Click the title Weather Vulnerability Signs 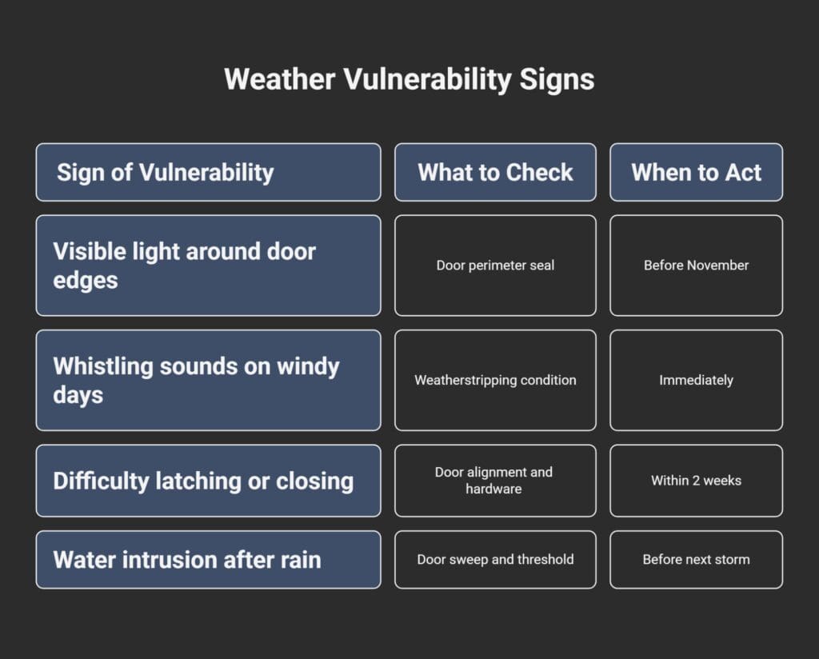click(409, 80)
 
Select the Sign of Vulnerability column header click(165, 172)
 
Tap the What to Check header click(495, 172)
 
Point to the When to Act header click(696, 172)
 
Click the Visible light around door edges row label click(184, 266)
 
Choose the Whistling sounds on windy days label click(196, 380)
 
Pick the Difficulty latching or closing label click(203, 481)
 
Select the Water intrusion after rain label click(187, 560)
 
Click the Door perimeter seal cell click(495, 266)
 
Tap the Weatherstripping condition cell click(495, 380)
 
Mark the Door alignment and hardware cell click(494, 481)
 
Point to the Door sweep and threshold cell click(495, 560)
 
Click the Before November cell click(696, 266)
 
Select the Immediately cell click(696, 380)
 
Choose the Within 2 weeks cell click(696, 481)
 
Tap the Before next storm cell click(696, 560)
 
